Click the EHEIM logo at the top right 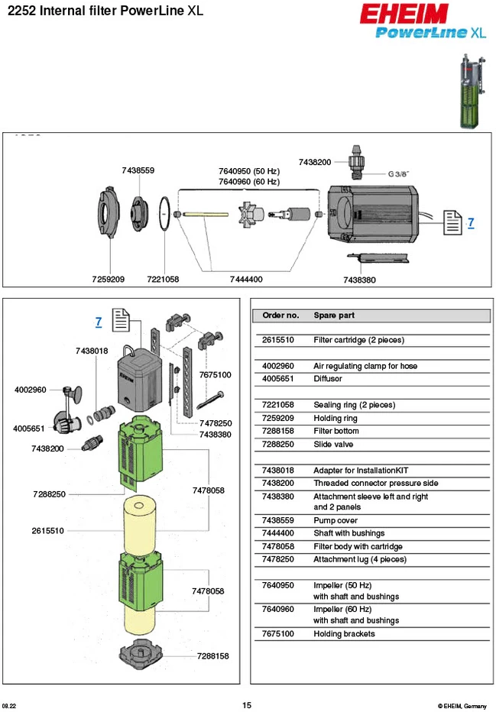tap(404, 14)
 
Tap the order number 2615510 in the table tap(278, 340)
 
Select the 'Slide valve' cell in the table tap(333, 444)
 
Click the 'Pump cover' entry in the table tap(336, 520)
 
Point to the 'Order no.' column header tap(280, 316)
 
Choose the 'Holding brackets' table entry tap(344, 634)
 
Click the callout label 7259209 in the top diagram tap(108, 280)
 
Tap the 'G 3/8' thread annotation tap(398, 174)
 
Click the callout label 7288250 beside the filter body tap(49, 494)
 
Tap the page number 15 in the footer tap(247, 705)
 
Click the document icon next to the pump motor tap(452, 222)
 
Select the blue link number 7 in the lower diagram tap(99, 322)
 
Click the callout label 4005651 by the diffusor tap(29, 429)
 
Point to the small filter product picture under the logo tap(472, 92)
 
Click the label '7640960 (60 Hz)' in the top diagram tap(249, 182)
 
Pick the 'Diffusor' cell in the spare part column tap(328, 379)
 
